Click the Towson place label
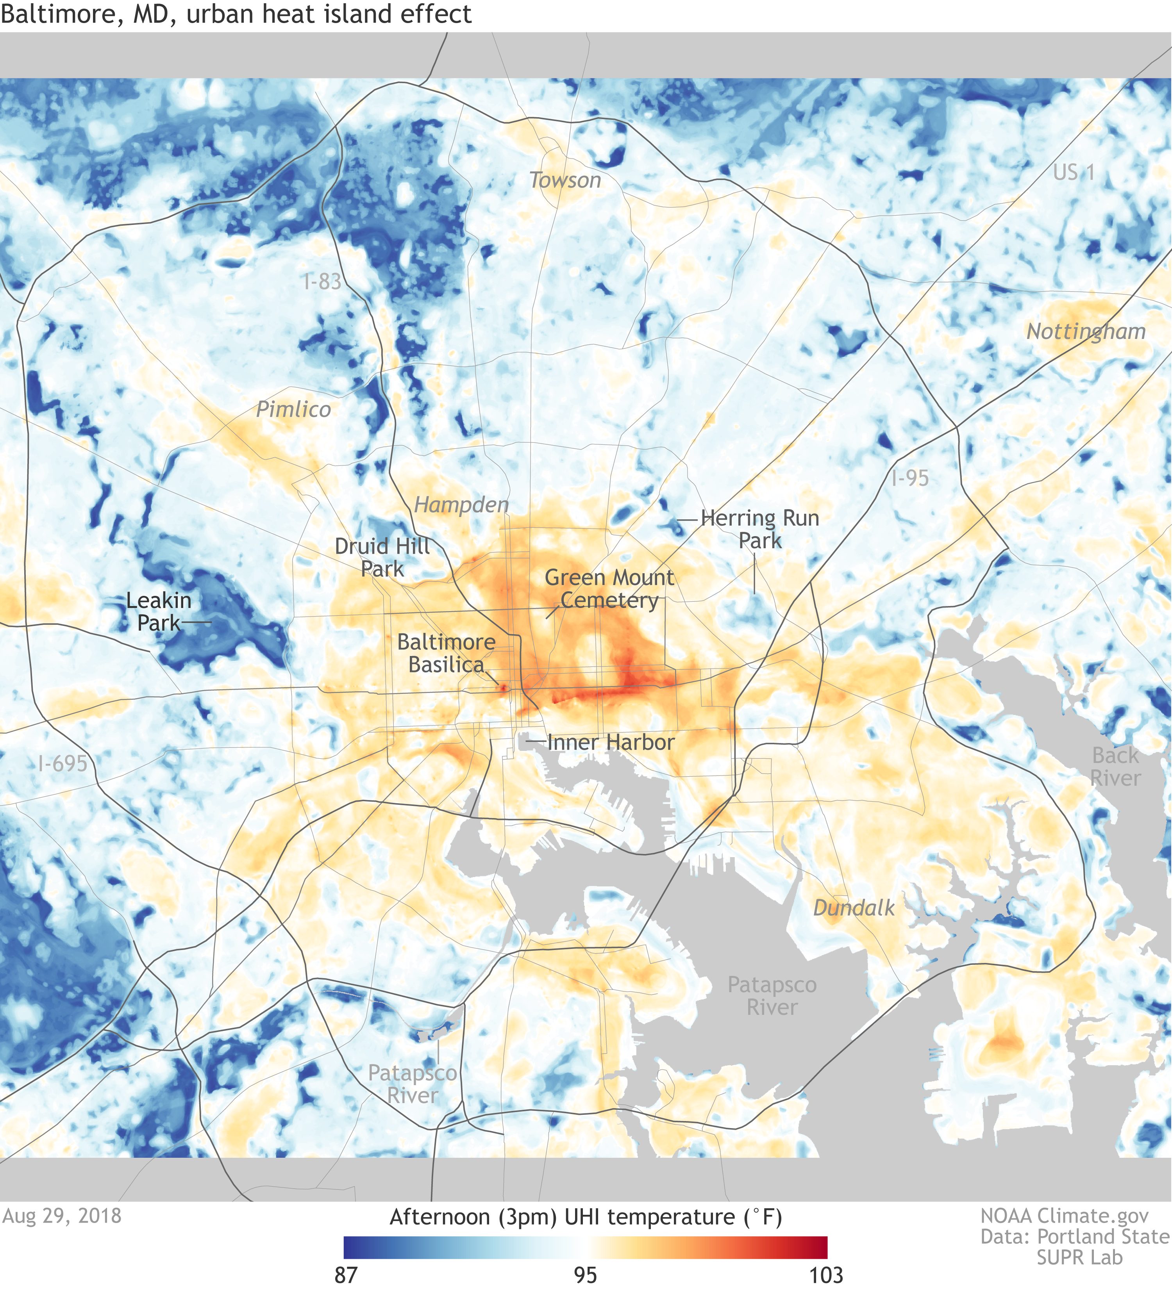(565, 181)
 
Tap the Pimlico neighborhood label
(293, 410)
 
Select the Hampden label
(461, 504)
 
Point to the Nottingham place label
(1086, 332)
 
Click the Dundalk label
(854, 908)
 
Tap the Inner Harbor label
(611, 743)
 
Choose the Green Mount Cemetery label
(609, 589)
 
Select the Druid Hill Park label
(382, 557)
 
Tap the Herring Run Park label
(760, 529)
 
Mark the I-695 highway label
(63, 764)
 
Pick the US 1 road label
(1073, 172)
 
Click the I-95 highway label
(909, 478)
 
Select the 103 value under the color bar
(826, 1275)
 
